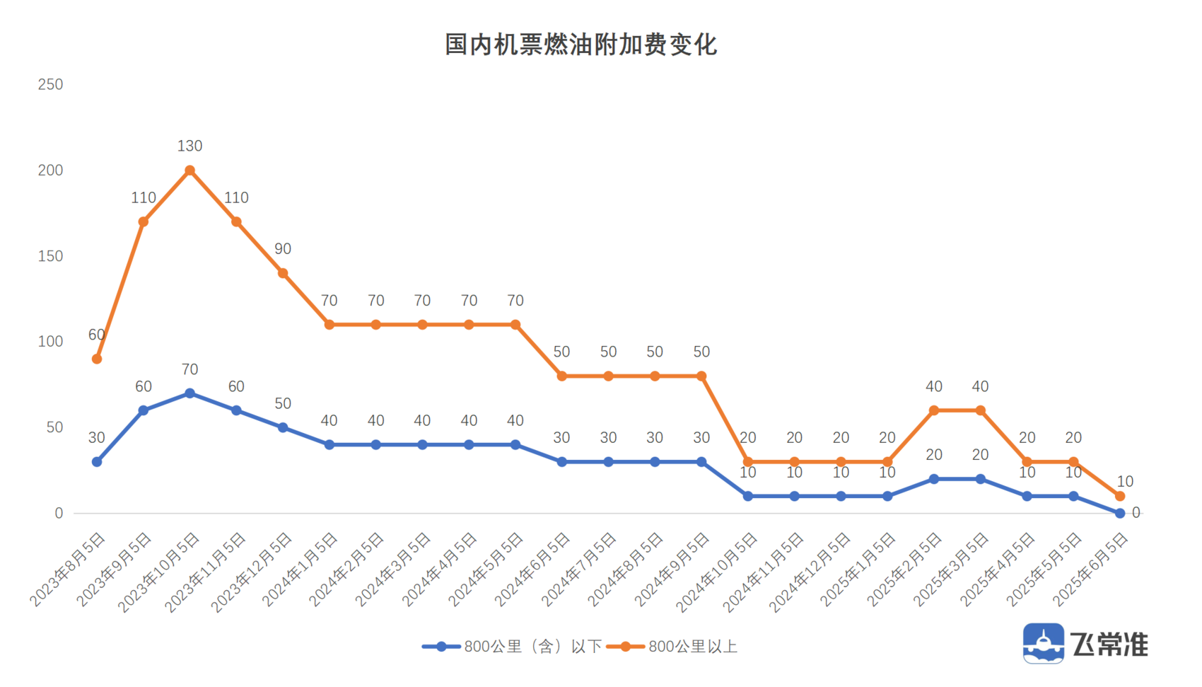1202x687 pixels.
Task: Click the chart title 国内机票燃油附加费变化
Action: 580,45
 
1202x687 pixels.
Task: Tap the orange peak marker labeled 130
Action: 189,171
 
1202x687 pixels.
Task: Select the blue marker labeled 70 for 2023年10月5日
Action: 189,393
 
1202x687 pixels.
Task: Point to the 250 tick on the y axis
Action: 50,85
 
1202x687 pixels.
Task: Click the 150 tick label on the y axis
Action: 50,256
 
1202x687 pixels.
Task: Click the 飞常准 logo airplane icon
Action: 1043,643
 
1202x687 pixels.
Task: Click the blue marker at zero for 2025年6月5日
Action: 1120,514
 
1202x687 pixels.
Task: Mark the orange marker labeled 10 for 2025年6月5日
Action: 1120,497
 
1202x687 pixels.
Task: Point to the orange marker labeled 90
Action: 283,273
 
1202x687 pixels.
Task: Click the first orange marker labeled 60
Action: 97,359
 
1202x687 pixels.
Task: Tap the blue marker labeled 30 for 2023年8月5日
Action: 97,462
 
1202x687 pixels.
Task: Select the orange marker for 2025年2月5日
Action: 934,410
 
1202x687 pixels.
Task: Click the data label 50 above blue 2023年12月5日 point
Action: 283,404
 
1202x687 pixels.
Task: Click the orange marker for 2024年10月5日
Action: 748,462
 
